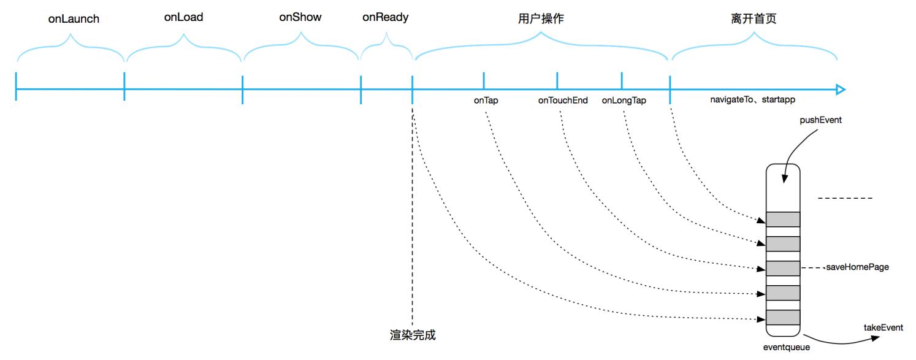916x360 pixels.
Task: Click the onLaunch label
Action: pos(74,19)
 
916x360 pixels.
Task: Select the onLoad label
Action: pos(183,17)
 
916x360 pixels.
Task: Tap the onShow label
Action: pos(300,17)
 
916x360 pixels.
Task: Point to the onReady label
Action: pos(386,17)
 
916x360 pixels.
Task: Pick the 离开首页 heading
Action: pos(754,18)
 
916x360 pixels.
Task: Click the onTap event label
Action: pos(486,101)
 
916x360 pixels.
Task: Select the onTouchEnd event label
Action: pos(563,101)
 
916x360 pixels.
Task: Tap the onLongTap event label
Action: pos(624,101)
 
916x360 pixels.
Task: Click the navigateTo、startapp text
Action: pos(751,99)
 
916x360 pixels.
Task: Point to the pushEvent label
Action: pos(820,120)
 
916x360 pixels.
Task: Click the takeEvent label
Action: pos(883,328)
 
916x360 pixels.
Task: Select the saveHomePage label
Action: pos(857,267)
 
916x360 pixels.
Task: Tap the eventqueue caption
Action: pos(786,348)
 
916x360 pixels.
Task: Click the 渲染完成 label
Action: pos(413,335)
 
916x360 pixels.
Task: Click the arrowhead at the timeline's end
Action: pos(841,90)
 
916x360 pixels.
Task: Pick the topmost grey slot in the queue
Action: pos(783,219)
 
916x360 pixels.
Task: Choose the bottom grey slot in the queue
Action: pos(783,318)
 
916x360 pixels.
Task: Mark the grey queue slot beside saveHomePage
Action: pos(783,268)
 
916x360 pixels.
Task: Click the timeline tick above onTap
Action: pos(484,80)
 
